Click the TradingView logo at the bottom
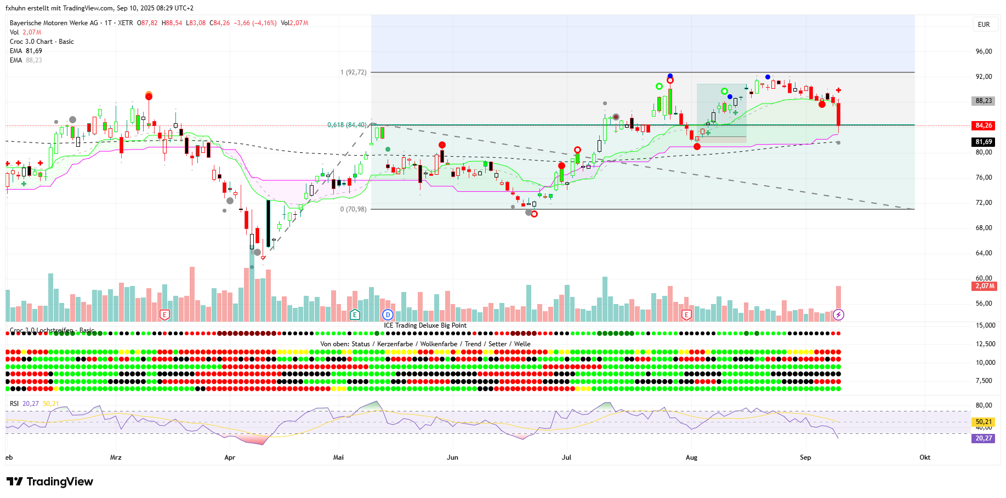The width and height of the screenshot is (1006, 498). point(50,482)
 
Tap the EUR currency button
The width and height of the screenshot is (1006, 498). point(984,25)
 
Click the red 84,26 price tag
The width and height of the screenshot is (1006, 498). point(984,125)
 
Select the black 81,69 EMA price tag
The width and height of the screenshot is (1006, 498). point(984,142)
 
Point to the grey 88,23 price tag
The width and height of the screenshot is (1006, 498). point(984,101)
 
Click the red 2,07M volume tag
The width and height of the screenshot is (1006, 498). point(984,286)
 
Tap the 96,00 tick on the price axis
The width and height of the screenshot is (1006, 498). point(984,51)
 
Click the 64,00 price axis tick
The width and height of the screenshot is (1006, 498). point(984,253)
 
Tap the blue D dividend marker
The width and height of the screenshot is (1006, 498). point(388,314)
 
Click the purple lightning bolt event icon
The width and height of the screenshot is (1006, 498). point(838,314)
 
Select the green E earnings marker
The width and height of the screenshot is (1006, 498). point(355,314)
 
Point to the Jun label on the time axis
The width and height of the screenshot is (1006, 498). point(452,457)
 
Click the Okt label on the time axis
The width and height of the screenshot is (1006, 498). point(925,457)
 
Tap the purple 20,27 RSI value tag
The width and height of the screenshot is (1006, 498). point(984,438)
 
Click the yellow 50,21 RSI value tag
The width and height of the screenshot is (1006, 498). point(984,422)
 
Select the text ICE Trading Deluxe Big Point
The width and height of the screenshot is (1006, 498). point(425,325)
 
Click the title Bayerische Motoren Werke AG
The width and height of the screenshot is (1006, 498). point(54,23)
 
